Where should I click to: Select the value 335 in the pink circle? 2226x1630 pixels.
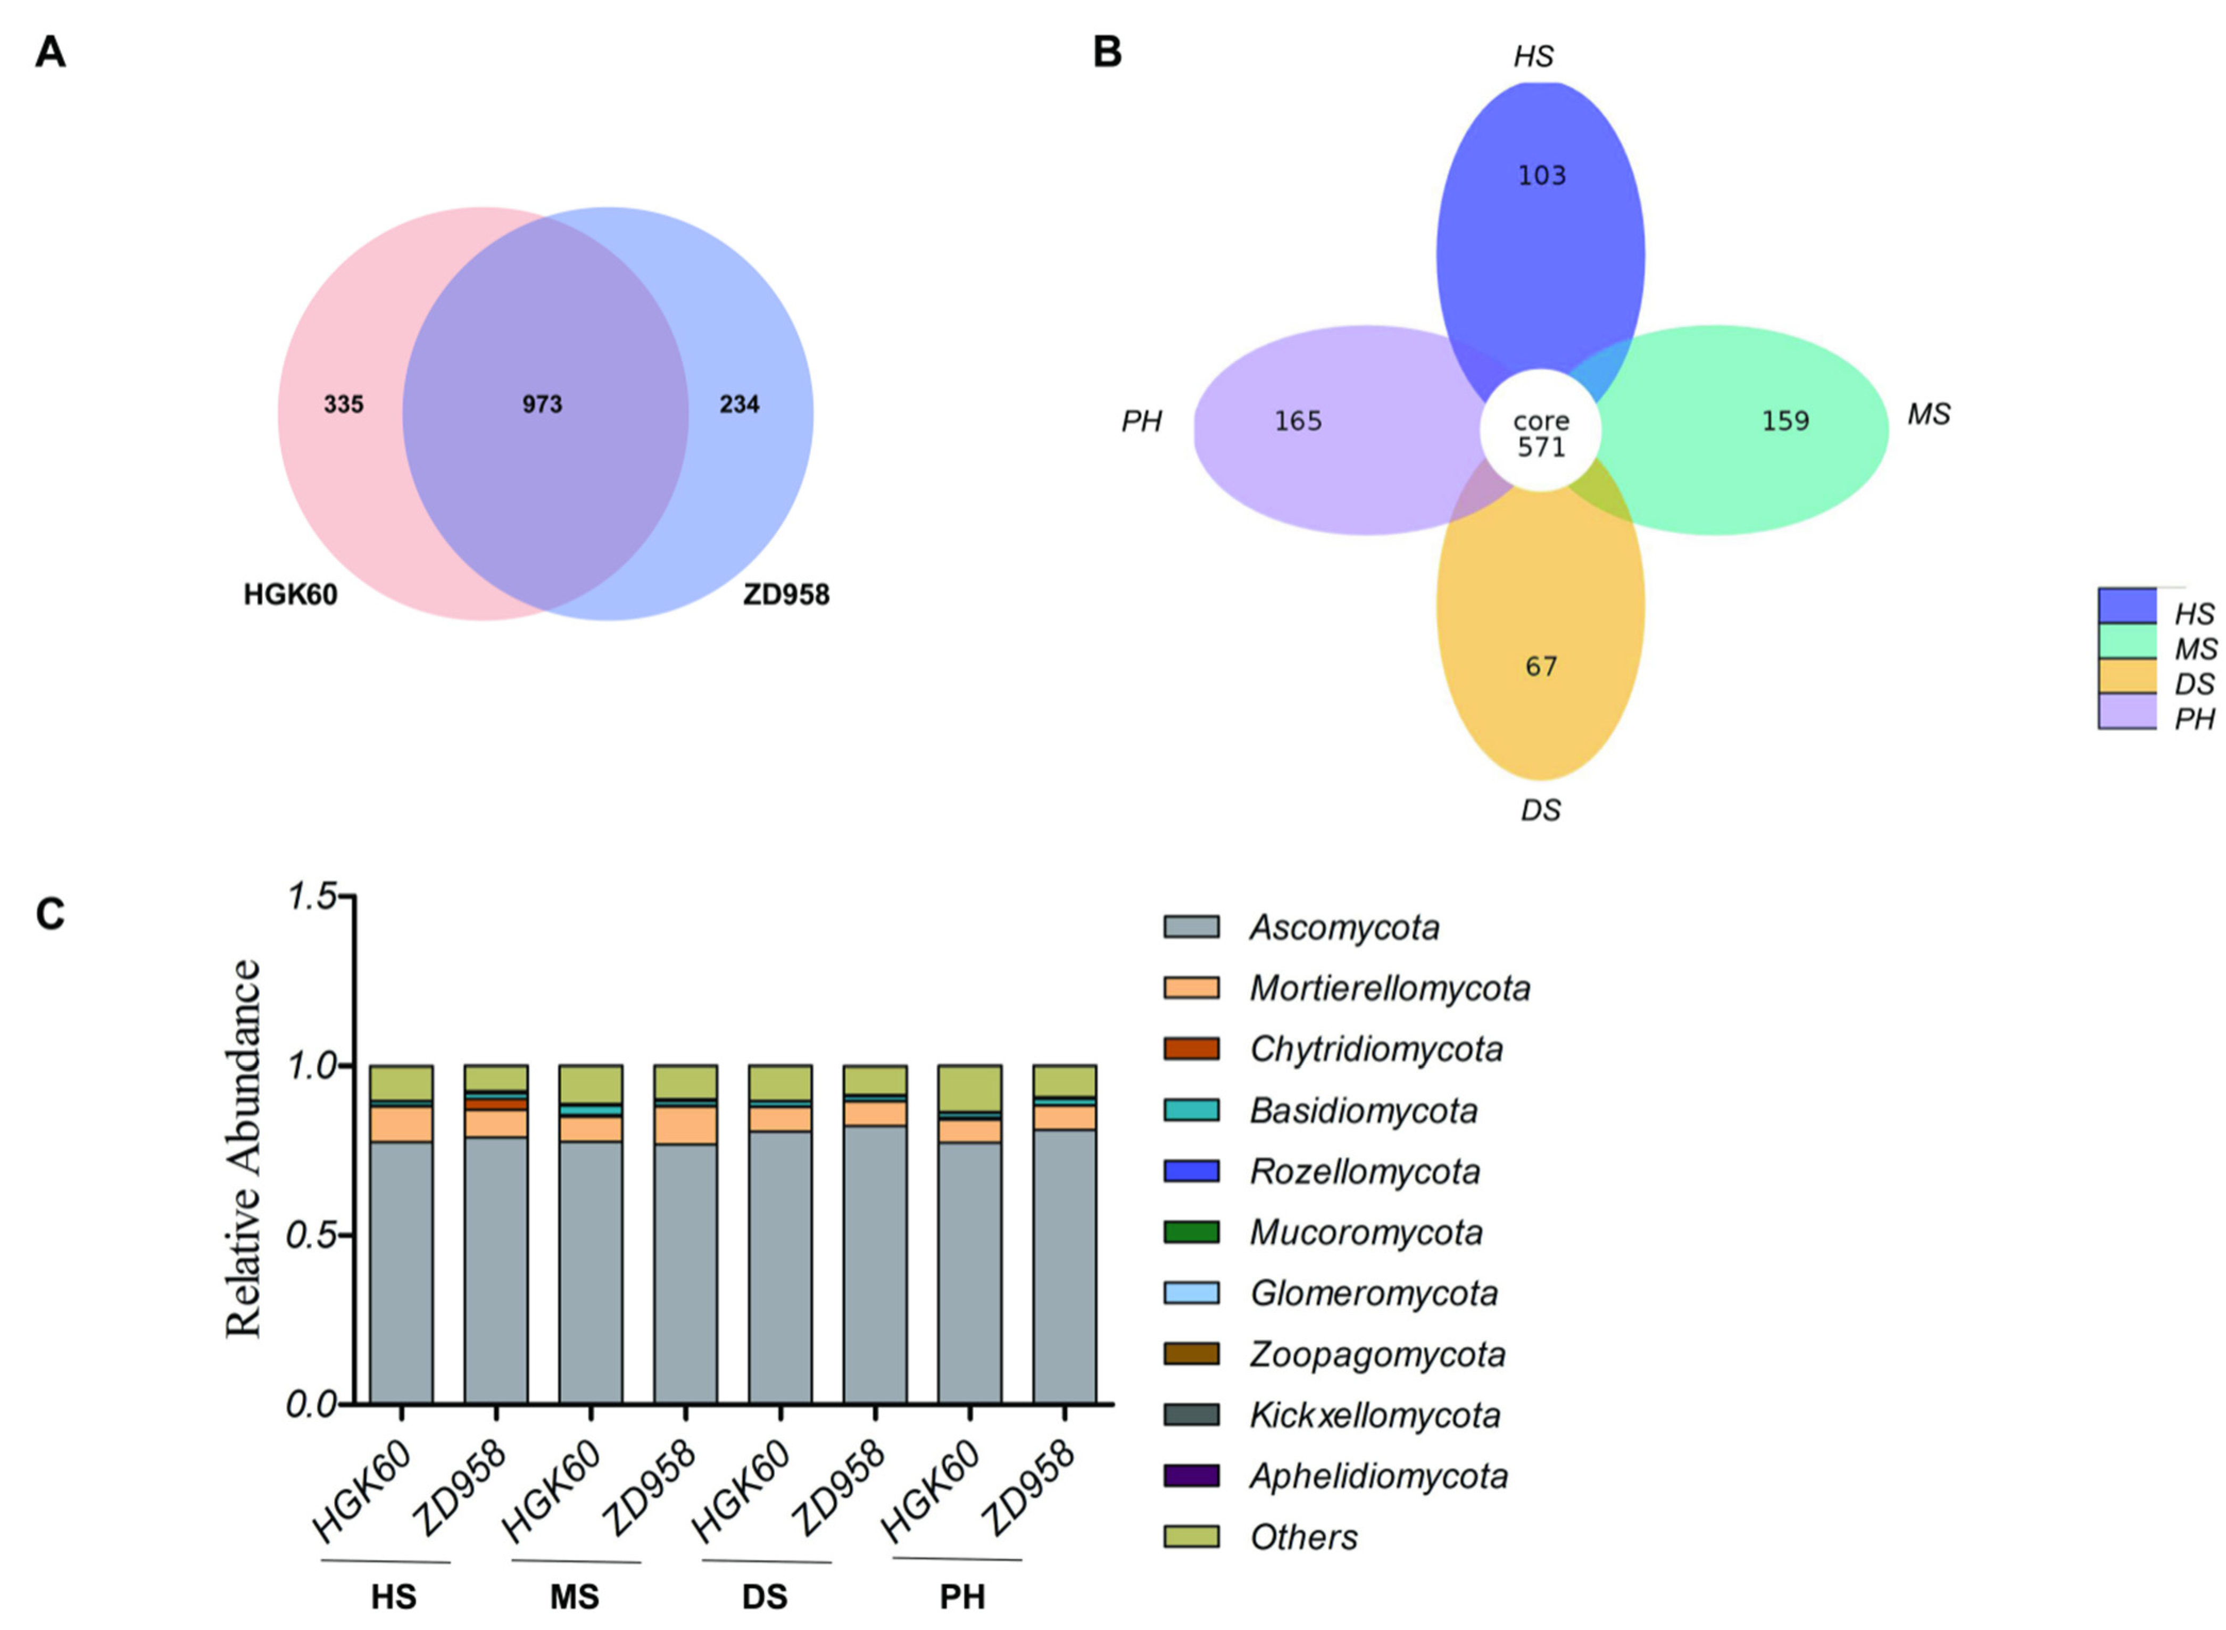(343, 404)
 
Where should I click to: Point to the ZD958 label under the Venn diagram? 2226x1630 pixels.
(785, 595)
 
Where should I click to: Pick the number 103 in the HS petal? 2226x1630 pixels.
(1541, 176)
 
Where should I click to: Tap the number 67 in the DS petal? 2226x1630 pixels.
(1541, 667)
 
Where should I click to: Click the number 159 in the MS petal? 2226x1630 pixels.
(1784, 421)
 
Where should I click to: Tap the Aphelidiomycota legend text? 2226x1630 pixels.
(1378, 1476)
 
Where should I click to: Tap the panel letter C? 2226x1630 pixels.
(51, 915)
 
